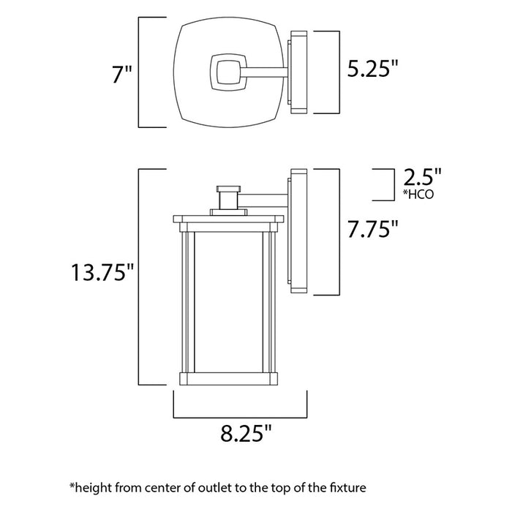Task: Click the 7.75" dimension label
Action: click(x=372, y=229)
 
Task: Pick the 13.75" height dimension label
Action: click(x=103, y=273)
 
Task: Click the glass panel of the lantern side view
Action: click(x=227, y=300)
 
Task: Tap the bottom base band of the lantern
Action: click(x=227, y=380)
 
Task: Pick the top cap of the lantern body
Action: click(x=227, y=218)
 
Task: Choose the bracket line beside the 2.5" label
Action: click(x=383, y=184)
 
